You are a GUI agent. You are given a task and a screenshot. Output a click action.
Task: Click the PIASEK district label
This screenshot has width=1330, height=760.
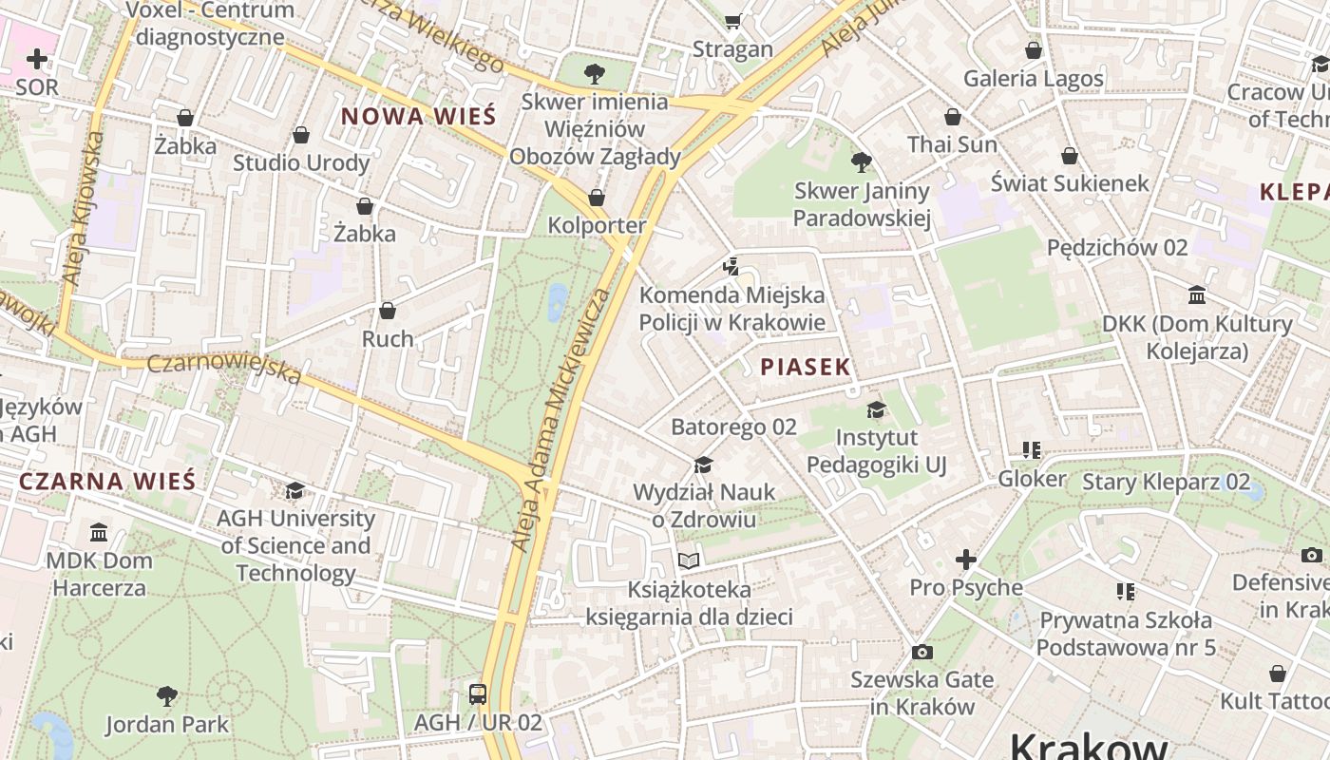(805, 368)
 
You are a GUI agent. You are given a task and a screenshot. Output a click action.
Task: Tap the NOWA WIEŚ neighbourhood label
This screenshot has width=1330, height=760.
(418, 117)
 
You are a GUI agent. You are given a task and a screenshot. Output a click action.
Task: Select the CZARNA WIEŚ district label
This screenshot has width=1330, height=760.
(107, 481)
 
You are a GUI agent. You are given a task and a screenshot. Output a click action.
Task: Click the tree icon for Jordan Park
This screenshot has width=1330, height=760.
(167, 696)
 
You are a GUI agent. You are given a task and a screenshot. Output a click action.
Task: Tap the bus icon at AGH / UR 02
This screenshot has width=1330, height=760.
(478, 694)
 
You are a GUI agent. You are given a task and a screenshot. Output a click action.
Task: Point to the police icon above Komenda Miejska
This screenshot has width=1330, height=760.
(730, 266)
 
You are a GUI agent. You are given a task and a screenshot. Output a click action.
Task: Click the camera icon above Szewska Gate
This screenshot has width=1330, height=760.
(921, 652)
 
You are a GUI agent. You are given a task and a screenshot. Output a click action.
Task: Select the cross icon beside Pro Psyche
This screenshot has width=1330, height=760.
(965, 560)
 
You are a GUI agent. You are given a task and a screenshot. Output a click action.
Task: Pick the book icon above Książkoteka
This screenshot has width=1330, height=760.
(689, 561)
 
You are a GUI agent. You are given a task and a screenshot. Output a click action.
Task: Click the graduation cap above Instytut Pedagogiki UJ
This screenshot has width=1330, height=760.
(876, 409)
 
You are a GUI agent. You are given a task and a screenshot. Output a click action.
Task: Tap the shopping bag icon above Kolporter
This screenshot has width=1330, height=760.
(597, 198)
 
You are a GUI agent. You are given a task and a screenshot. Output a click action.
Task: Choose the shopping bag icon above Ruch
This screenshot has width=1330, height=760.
(388, 311)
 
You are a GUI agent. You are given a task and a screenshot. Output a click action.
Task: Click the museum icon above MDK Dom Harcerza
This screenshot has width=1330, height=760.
(99, 532)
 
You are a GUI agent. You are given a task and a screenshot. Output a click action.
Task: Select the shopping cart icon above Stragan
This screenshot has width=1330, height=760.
(732, 21)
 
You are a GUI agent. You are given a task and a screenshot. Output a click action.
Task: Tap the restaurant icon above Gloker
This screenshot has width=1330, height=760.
(1032, 450)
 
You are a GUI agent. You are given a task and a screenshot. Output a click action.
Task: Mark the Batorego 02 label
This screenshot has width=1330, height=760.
(733, 427)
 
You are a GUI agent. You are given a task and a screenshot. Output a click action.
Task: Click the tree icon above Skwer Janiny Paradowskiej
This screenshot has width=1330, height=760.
(862, 162)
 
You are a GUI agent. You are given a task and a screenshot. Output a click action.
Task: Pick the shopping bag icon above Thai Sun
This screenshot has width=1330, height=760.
(953, 117)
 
